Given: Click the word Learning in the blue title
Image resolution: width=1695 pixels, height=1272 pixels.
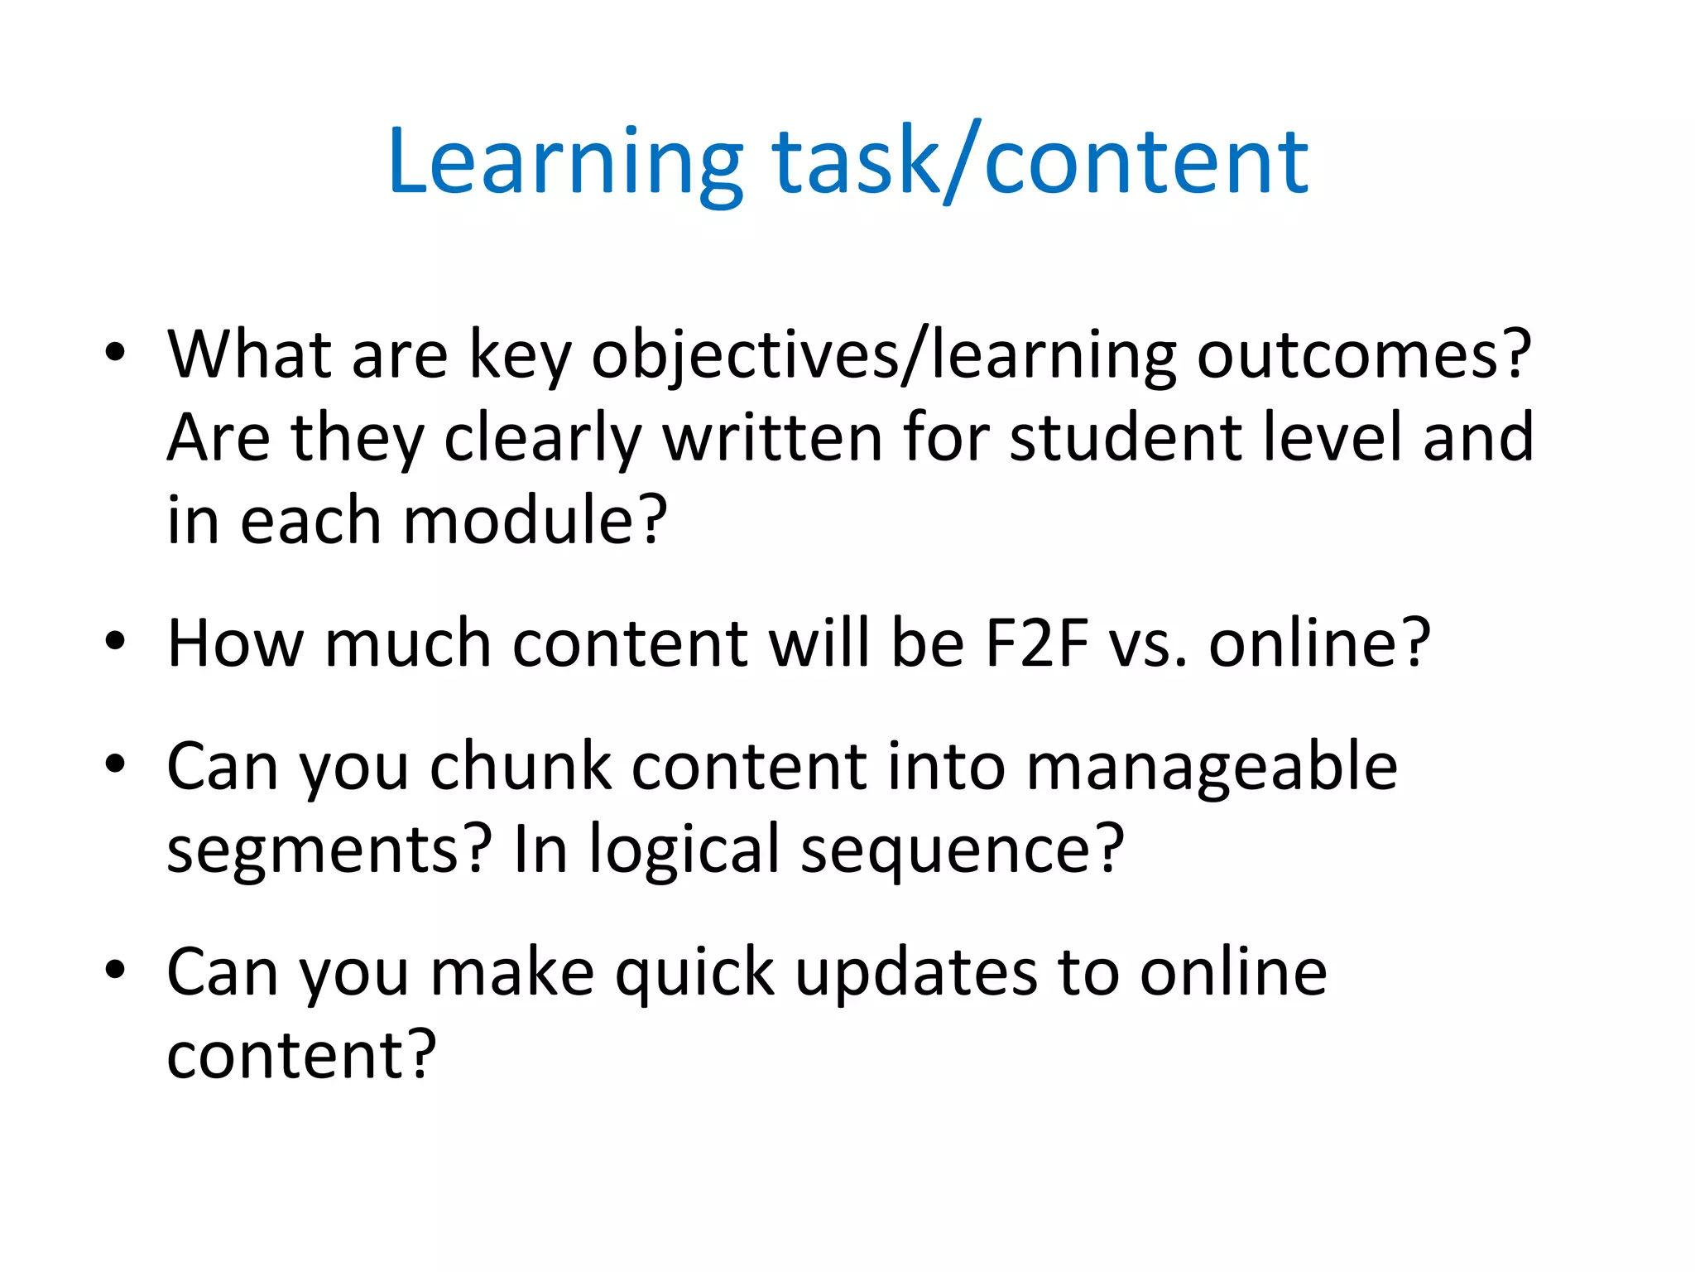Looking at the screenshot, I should [x=564, y=163].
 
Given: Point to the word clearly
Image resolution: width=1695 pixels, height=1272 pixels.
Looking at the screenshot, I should [x=543, y=439].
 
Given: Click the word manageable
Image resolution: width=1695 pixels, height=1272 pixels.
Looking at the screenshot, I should [x=1212, y=768].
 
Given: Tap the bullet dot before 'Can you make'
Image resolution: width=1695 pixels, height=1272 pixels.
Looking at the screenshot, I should [x=115, y=968].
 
